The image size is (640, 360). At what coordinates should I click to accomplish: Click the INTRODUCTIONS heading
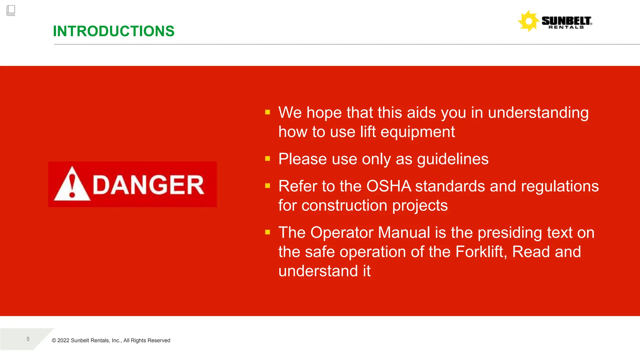113,31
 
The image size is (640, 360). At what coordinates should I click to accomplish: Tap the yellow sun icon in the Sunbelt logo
528,21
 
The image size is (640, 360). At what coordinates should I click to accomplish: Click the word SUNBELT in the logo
566,21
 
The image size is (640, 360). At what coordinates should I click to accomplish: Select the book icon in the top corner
11,10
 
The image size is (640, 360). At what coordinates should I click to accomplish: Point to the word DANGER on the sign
148,185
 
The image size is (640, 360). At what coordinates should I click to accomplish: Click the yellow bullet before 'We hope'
267,112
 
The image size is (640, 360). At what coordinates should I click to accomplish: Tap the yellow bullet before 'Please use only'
267,159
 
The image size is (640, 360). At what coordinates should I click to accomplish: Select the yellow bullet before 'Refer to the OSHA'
267,186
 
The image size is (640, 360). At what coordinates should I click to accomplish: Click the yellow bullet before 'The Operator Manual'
267,232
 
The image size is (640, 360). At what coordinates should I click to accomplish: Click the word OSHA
389,186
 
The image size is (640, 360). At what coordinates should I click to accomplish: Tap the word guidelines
452,159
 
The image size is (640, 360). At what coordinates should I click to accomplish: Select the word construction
344,206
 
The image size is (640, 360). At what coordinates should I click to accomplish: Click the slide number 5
28,339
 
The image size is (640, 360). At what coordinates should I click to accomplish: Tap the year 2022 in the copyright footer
63,341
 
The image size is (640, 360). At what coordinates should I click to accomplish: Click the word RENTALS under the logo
566,27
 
